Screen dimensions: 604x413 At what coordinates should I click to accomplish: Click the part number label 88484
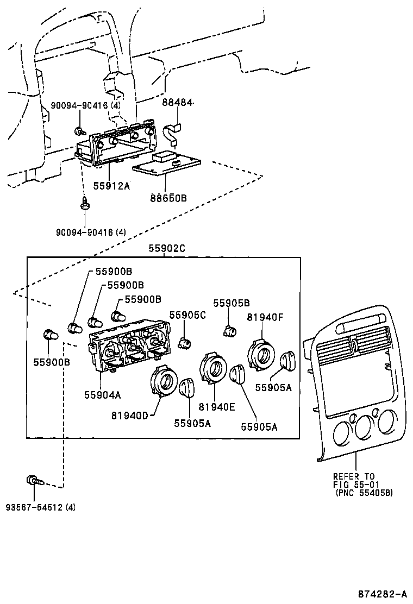(177, 103)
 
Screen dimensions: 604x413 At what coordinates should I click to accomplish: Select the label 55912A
(111, 185)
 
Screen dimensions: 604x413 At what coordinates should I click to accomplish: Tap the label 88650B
(168, 198)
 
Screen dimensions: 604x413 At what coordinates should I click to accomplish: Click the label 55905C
(187, 314)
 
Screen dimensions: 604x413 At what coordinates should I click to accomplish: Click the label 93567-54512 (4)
(41, 507)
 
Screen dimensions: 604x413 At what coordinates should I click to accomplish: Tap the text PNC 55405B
(364, 493)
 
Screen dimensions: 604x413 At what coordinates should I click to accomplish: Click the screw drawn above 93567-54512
(33, 480)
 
